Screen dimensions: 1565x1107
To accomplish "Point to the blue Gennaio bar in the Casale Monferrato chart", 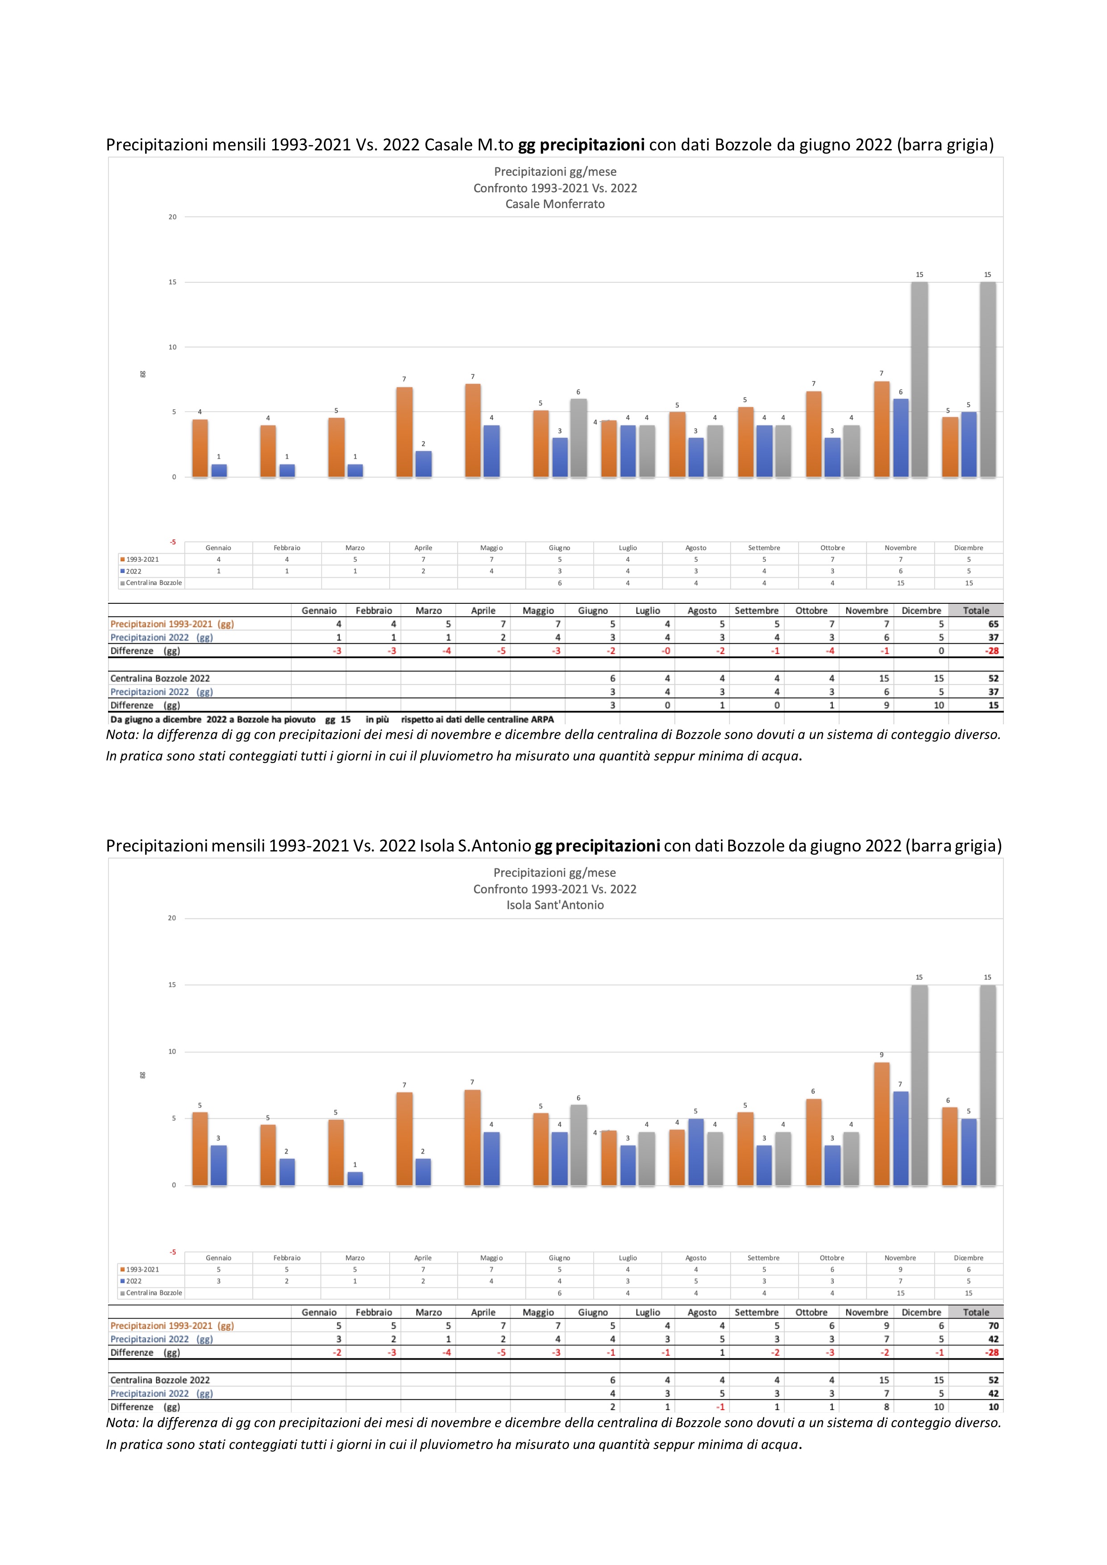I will [219, 470].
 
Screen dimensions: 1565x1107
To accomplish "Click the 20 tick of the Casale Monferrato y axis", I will [172, 217].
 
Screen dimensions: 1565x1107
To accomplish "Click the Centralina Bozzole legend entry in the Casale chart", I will [154, 583].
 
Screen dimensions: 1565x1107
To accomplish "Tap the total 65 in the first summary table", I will [993, 624].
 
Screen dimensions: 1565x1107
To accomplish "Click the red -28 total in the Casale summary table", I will [992, 651].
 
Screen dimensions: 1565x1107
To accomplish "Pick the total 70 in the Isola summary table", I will [993, 1326].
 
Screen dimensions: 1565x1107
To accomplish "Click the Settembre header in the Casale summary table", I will [756, 611].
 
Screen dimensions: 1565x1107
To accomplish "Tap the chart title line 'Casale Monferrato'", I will [554, 204].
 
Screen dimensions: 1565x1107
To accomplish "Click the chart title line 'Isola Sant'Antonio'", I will [554, 905].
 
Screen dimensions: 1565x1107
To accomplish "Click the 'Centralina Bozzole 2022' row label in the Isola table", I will [160, 1380].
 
